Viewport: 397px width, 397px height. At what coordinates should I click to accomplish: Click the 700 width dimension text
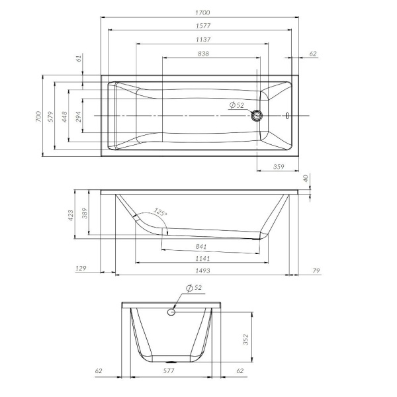pos(39,116)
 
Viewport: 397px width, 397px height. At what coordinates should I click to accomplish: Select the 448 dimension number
pos(65,116)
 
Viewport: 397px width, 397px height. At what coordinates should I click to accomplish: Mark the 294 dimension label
pos(78,116)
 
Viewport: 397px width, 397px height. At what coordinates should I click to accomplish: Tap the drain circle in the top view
pos(257,116)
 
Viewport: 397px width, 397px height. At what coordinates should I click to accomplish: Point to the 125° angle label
pos(160,212)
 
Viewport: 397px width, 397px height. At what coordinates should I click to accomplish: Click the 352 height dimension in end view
pos(245,339)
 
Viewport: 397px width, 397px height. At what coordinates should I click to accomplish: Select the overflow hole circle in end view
pos(171,311)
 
